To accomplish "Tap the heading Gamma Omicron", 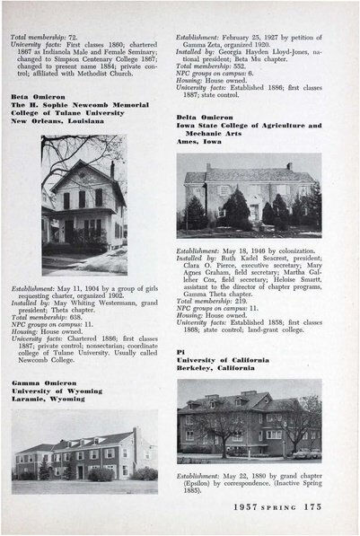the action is [41, 383].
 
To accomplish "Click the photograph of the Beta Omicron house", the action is [83, 206].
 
